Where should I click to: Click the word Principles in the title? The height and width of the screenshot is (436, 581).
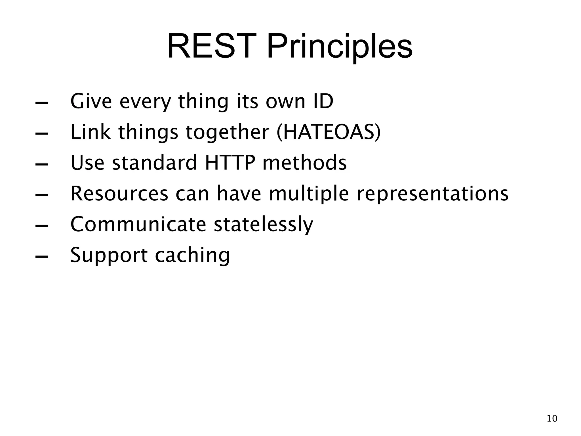pyautogui.click(x=340, y=46)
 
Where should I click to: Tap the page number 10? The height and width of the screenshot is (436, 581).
pyautogui.click(x=552, y=419)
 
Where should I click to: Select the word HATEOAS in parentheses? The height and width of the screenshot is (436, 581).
pyautogui.click(x=329, y=132)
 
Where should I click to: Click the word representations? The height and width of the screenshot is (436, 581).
pyautogui.click(x=432, y=194)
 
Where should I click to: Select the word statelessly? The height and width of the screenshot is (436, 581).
pyautogui.click(x=263, y=225)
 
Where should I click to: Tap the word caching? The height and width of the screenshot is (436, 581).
pyautogui.click(x=192, y=255)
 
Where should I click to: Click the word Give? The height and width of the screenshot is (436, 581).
pyautogui.click(x=91, y=101)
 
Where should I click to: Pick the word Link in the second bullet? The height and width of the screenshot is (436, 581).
pyautogui.click(x=90, y=132)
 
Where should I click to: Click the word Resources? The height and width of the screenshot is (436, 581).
pyautogui.click(x=119, y=194)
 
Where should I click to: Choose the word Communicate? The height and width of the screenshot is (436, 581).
pyautogui.click(x=138, y=225)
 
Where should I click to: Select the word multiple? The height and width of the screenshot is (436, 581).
pyautogui.click(x=309, y=194)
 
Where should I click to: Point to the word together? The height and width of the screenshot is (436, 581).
pyautogui.click(x=227, y=132)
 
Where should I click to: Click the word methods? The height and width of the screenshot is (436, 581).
pyautogui.click(x=304, y=163)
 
